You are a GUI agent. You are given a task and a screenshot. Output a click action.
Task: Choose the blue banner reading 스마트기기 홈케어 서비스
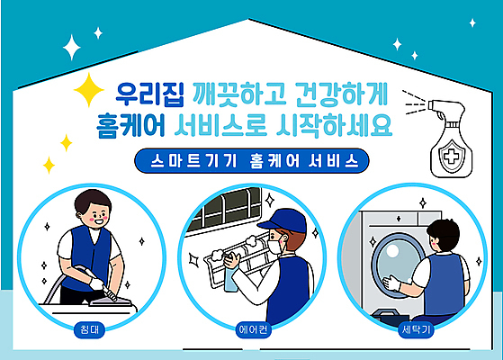251,163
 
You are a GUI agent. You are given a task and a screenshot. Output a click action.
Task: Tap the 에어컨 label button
253,329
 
